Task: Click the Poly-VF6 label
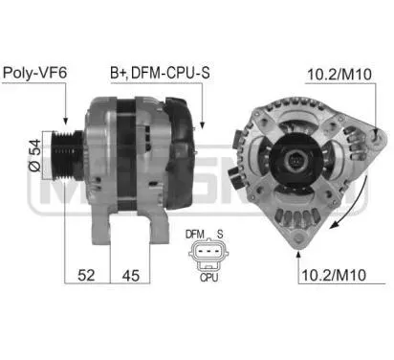point(34,73)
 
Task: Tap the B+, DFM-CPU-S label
point(160,73)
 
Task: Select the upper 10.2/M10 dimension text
point(339,75)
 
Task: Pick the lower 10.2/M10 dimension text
point(334,275)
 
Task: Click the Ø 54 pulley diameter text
point(35,155)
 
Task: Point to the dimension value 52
point(86,275)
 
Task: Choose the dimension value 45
point(131,276)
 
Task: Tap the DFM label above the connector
point(195,235)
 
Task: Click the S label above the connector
point(220,235)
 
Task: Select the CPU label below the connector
point(208,278)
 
